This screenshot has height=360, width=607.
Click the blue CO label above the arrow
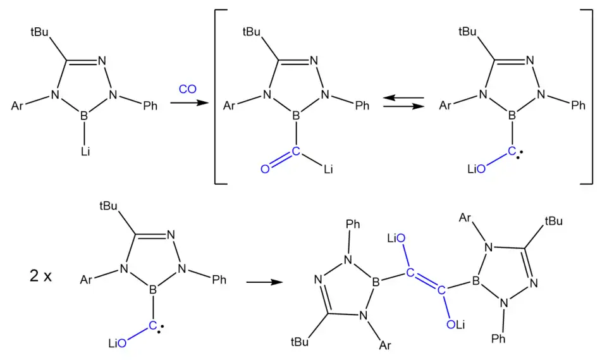click(187, 89)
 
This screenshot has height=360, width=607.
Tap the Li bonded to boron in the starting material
click(85, 151)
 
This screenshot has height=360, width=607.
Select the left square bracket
click(221, 97)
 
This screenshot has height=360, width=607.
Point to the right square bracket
click(586, 97)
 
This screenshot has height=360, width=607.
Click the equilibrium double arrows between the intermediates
click(403, 102)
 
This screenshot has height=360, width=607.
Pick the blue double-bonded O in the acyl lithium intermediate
click(265, 169)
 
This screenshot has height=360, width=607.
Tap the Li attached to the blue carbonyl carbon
click(328, 169)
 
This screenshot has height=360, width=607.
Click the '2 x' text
click(40, 276)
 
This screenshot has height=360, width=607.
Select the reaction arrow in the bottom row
click(265, 282)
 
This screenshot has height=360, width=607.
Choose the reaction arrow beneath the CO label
click(190, 103)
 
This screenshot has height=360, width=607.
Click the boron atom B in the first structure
click(84, 116)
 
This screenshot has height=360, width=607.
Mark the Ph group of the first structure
click(150, 106)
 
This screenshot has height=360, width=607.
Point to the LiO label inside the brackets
click(476, 169)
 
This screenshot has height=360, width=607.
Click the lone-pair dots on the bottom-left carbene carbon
click(161, 329)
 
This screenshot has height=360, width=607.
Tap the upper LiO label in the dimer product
click(396, 238)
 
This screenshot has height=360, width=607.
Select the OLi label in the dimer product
click(456, 325)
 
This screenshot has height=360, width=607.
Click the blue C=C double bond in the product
click(426, 282)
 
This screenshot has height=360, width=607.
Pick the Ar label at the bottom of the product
click(385, 345)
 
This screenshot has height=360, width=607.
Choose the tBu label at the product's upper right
click(554, 221)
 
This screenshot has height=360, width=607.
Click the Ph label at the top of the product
click(353, 224)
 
